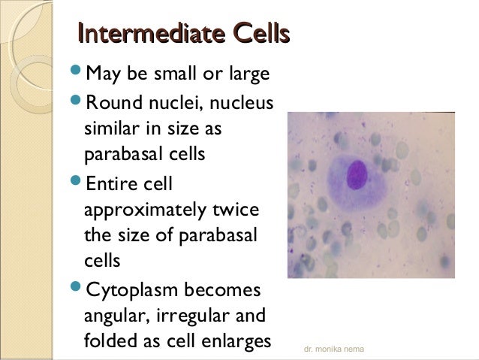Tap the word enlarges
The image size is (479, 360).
[x=236, y=342]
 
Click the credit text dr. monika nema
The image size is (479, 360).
[x=333, y=350]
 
